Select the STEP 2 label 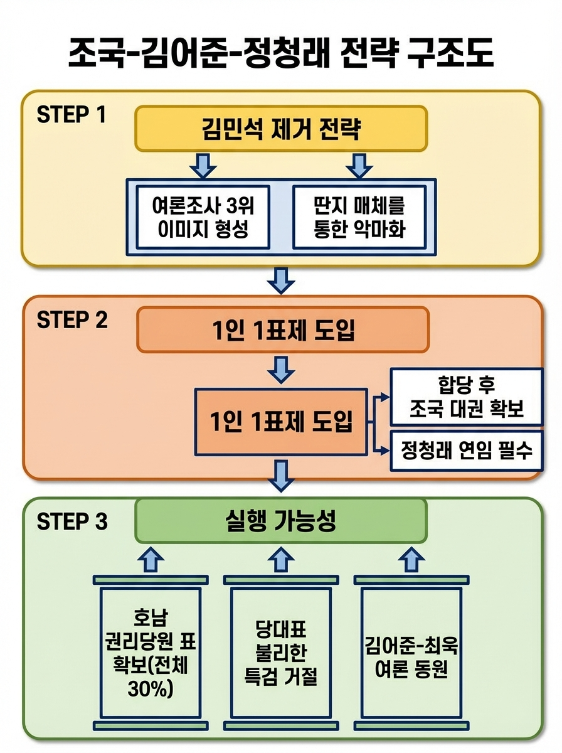72,320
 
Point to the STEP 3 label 72,521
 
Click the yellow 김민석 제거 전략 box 281,129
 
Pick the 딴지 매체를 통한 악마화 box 359,216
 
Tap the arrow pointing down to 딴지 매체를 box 359,165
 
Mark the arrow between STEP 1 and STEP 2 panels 281,280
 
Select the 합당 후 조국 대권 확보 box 466,397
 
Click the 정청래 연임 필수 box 466,450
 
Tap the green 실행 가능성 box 281,521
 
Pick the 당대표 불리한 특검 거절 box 280,653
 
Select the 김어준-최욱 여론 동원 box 411,653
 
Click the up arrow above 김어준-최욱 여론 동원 411,558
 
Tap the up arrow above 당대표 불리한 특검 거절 280,558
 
